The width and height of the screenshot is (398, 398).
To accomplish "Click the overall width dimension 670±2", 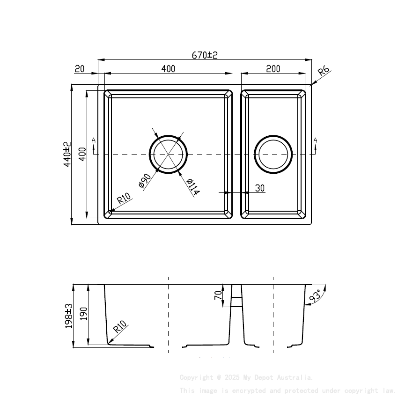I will (205, 55).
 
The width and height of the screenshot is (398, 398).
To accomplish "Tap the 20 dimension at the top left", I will (80, 69).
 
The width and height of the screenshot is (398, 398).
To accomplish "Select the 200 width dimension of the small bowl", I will (273, 69).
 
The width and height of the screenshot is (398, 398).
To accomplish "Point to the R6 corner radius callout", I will (324, 72).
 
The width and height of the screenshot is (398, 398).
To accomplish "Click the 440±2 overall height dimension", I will (67, 155).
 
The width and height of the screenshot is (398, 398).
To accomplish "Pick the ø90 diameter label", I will (144, 181).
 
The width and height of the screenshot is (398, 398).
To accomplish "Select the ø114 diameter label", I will (192, 187).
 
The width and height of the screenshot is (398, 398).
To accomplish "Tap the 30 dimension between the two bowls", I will (260, 188).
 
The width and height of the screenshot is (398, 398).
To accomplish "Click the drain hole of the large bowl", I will (168, 154).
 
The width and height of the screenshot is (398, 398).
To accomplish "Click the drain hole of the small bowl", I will (273, 154).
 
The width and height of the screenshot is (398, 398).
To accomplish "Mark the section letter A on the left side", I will (94, 140).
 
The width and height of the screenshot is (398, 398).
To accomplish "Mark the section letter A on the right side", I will (315, 140).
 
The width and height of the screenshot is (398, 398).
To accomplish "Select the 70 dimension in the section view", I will (218, 295).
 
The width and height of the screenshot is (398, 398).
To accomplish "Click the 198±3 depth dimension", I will (68, 316).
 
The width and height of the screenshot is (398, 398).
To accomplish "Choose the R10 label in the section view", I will (120, 326).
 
